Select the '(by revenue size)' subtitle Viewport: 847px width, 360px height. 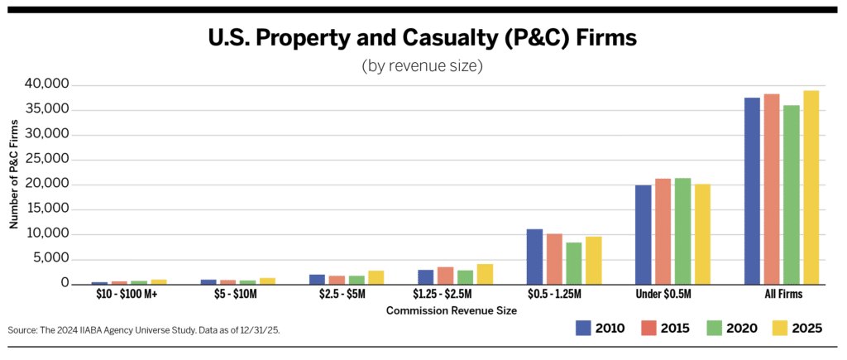point(423,66)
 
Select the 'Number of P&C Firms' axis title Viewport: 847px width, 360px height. point(14,174)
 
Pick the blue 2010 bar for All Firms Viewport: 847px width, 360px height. point(752,191)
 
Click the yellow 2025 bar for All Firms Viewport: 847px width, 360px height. point(811,188)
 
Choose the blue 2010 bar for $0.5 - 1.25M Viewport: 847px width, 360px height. point(534,257)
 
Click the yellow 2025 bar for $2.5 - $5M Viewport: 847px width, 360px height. point(376,277)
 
